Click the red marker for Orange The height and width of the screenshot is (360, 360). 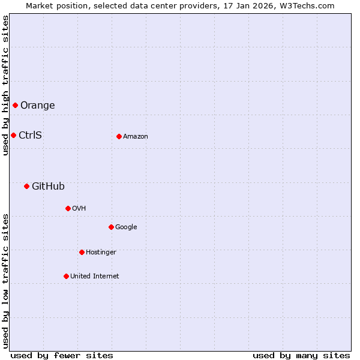point(15,106)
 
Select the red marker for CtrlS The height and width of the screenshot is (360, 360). point(13,135)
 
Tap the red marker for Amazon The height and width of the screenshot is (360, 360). point(119,136)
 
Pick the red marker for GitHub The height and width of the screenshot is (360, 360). point(26,186)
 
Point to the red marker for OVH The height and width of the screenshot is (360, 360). point(68,208)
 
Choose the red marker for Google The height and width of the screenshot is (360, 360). point(111,227)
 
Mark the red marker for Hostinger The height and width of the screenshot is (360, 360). point(82,252)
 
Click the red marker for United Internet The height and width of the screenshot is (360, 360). point(66,276)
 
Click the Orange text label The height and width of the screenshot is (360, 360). point(37,106)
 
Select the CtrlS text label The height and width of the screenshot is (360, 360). point(30,135)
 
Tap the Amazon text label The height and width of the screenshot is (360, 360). point(136,137)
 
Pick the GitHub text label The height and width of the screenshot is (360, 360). point(48,187)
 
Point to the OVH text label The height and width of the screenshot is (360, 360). point(79,209)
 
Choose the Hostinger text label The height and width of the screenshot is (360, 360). point(101,253)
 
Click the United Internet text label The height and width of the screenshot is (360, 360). point(94,277)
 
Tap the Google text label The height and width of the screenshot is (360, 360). point(126,227)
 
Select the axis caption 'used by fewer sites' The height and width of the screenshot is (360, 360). point(62,355)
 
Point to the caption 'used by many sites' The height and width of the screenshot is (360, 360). point(301,355)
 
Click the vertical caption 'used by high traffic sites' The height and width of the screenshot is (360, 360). point(5,86)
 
